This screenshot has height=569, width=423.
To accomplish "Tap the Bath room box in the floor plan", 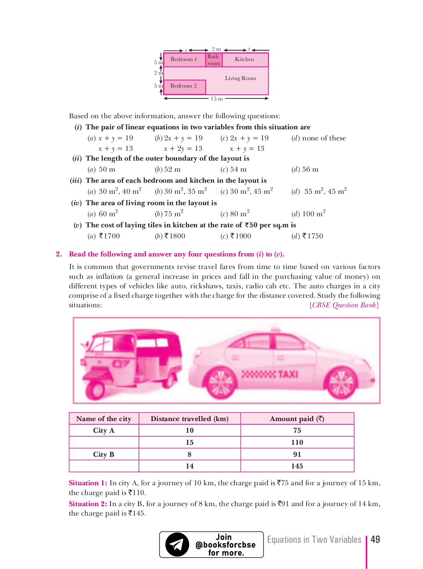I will (x=214, y=60).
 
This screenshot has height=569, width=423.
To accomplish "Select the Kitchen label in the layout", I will (x=245, y=59).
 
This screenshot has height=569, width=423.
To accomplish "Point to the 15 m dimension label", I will (x=217, y=99).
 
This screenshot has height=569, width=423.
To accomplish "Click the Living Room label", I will (x=240, y=78).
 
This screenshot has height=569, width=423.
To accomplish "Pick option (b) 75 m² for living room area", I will (x=169, y=214).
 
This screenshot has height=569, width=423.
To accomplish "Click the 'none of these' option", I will (x=319, y=138).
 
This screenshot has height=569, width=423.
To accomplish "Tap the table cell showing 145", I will (x=297, y=466).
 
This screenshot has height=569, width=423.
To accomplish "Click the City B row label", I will (x=104, y=454).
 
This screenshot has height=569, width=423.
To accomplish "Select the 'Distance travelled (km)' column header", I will (x=189, y=419).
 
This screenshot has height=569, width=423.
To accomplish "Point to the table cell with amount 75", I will (x=297, y=430).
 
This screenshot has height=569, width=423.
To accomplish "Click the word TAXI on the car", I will (x=288, y=374).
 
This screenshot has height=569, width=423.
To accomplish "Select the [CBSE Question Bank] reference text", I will (x=344, y=305).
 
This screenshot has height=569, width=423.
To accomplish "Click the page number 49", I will (x=375, y=539).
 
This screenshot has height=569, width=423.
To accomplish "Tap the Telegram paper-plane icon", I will (x=177, y=544).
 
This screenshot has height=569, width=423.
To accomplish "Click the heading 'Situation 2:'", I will (x=88, y=504).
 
